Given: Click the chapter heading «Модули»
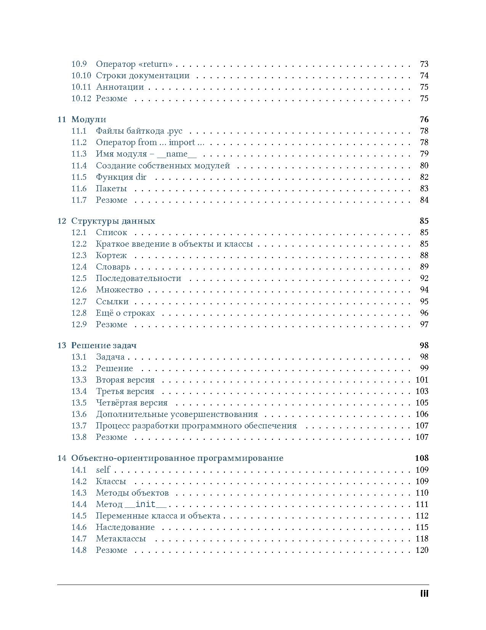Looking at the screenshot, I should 88,120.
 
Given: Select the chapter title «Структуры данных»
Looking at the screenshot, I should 113,221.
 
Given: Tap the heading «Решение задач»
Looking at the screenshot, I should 104,346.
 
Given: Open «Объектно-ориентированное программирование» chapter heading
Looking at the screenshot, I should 177,458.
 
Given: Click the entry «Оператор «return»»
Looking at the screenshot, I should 134,64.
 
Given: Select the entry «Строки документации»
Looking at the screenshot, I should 143,76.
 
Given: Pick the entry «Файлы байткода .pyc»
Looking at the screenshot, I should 139,131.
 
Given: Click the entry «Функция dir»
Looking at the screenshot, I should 121,177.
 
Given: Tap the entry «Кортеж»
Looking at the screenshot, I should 111,255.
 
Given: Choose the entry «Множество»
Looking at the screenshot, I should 119,290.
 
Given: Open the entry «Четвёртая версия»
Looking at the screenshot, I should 132,403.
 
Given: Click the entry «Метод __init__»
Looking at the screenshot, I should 131,504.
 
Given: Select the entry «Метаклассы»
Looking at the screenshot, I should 121,539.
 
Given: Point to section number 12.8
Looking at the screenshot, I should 79,313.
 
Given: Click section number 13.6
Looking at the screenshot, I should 79,414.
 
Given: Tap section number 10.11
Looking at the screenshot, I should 81,87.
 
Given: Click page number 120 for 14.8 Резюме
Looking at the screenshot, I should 422,550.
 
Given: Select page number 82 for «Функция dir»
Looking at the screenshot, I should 424,177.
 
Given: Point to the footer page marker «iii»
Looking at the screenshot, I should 424,594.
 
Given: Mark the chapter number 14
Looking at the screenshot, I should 62,458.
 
